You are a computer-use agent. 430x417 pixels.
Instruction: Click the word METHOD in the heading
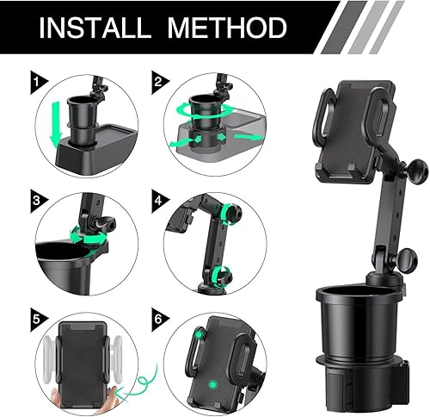(227, 28)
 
